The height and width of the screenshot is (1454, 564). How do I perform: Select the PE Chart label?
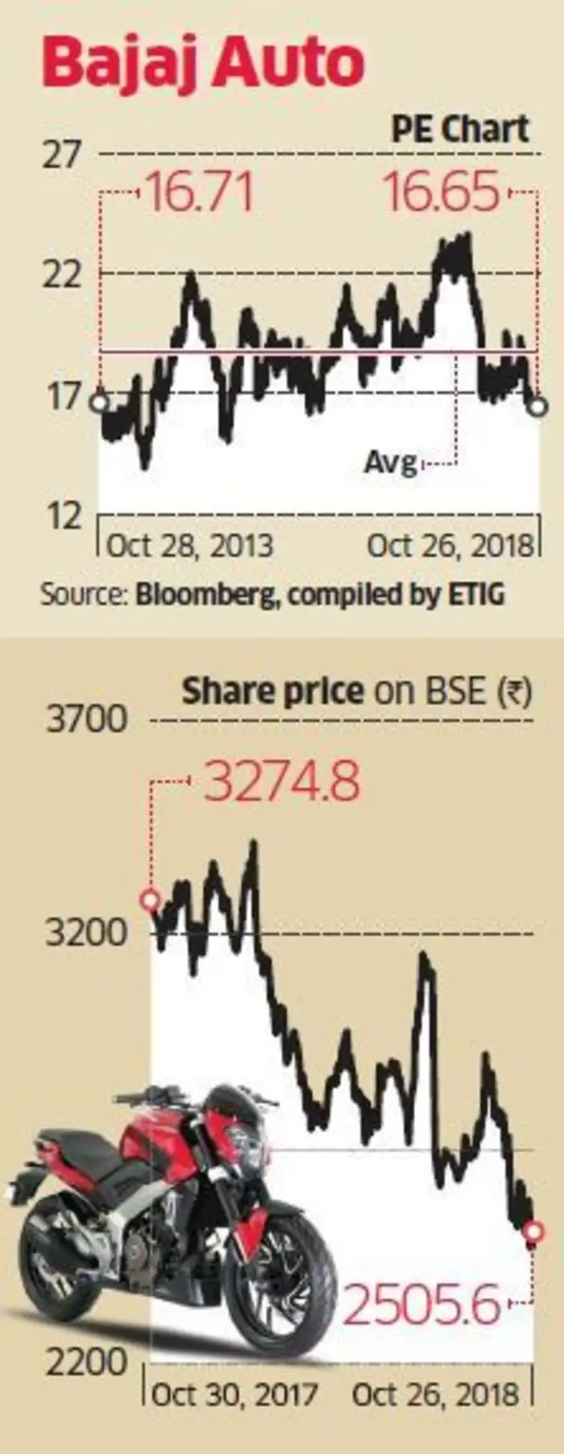click(460, 129)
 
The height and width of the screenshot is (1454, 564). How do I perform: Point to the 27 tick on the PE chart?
click(62, 154)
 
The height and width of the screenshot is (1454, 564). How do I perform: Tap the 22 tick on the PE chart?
click(62, 275)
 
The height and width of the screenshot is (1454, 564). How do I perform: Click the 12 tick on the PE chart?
click(62, 515)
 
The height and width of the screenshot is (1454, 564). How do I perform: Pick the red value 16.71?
click(198, 194)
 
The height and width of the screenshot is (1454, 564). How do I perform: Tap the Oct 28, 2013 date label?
click(189, 546)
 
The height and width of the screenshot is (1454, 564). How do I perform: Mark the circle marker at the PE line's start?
click(99, 403)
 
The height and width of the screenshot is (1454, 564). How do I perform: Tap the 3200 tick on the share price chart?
click(87, 933)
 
